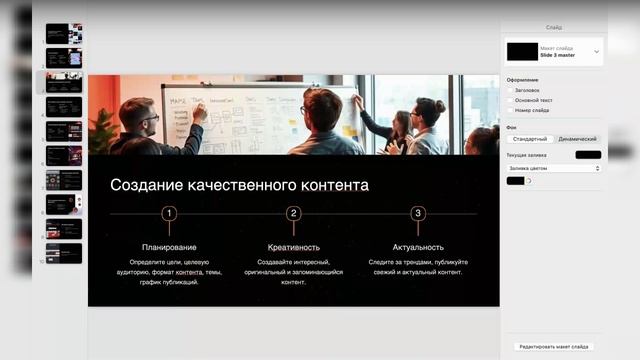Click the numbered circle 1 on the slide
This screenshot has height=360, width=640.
pos(169,213)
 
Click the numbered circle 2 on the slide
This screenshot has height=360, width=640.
pos(293,213)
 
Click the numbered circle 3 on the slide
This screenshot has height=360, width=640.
pos(418,213)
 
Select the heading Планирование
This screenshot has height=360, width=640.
pos(169,247)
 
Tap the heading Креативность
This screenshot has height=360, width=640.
pos(293,247)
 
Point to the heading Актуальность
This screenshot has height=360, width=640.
pos(418,247)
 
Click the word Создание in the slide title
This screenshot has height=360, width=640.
pos(143,185)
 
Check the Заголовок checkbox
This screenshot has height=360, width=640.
pos(510,90)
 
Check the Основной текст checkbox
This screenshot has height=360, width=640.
pos(510,100)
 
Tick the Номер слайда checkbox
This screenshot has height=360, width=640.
pos(510,110)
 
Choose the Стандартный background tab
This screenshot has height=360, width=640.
pos(530,139)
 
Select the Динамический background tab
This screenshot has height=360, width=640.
pos(577,139)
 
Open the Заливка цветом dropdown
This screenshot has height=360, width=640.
pos(553,168)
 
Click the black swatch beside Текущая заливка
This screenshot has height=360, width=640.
pos(588,155)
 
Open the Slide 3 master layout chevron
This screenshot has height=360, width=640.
pos(597,51)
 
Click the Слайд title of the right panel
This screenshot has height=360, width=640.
pos(553,28)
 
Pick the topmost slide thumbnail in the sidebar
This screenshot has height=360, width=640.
pos(64,33)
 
